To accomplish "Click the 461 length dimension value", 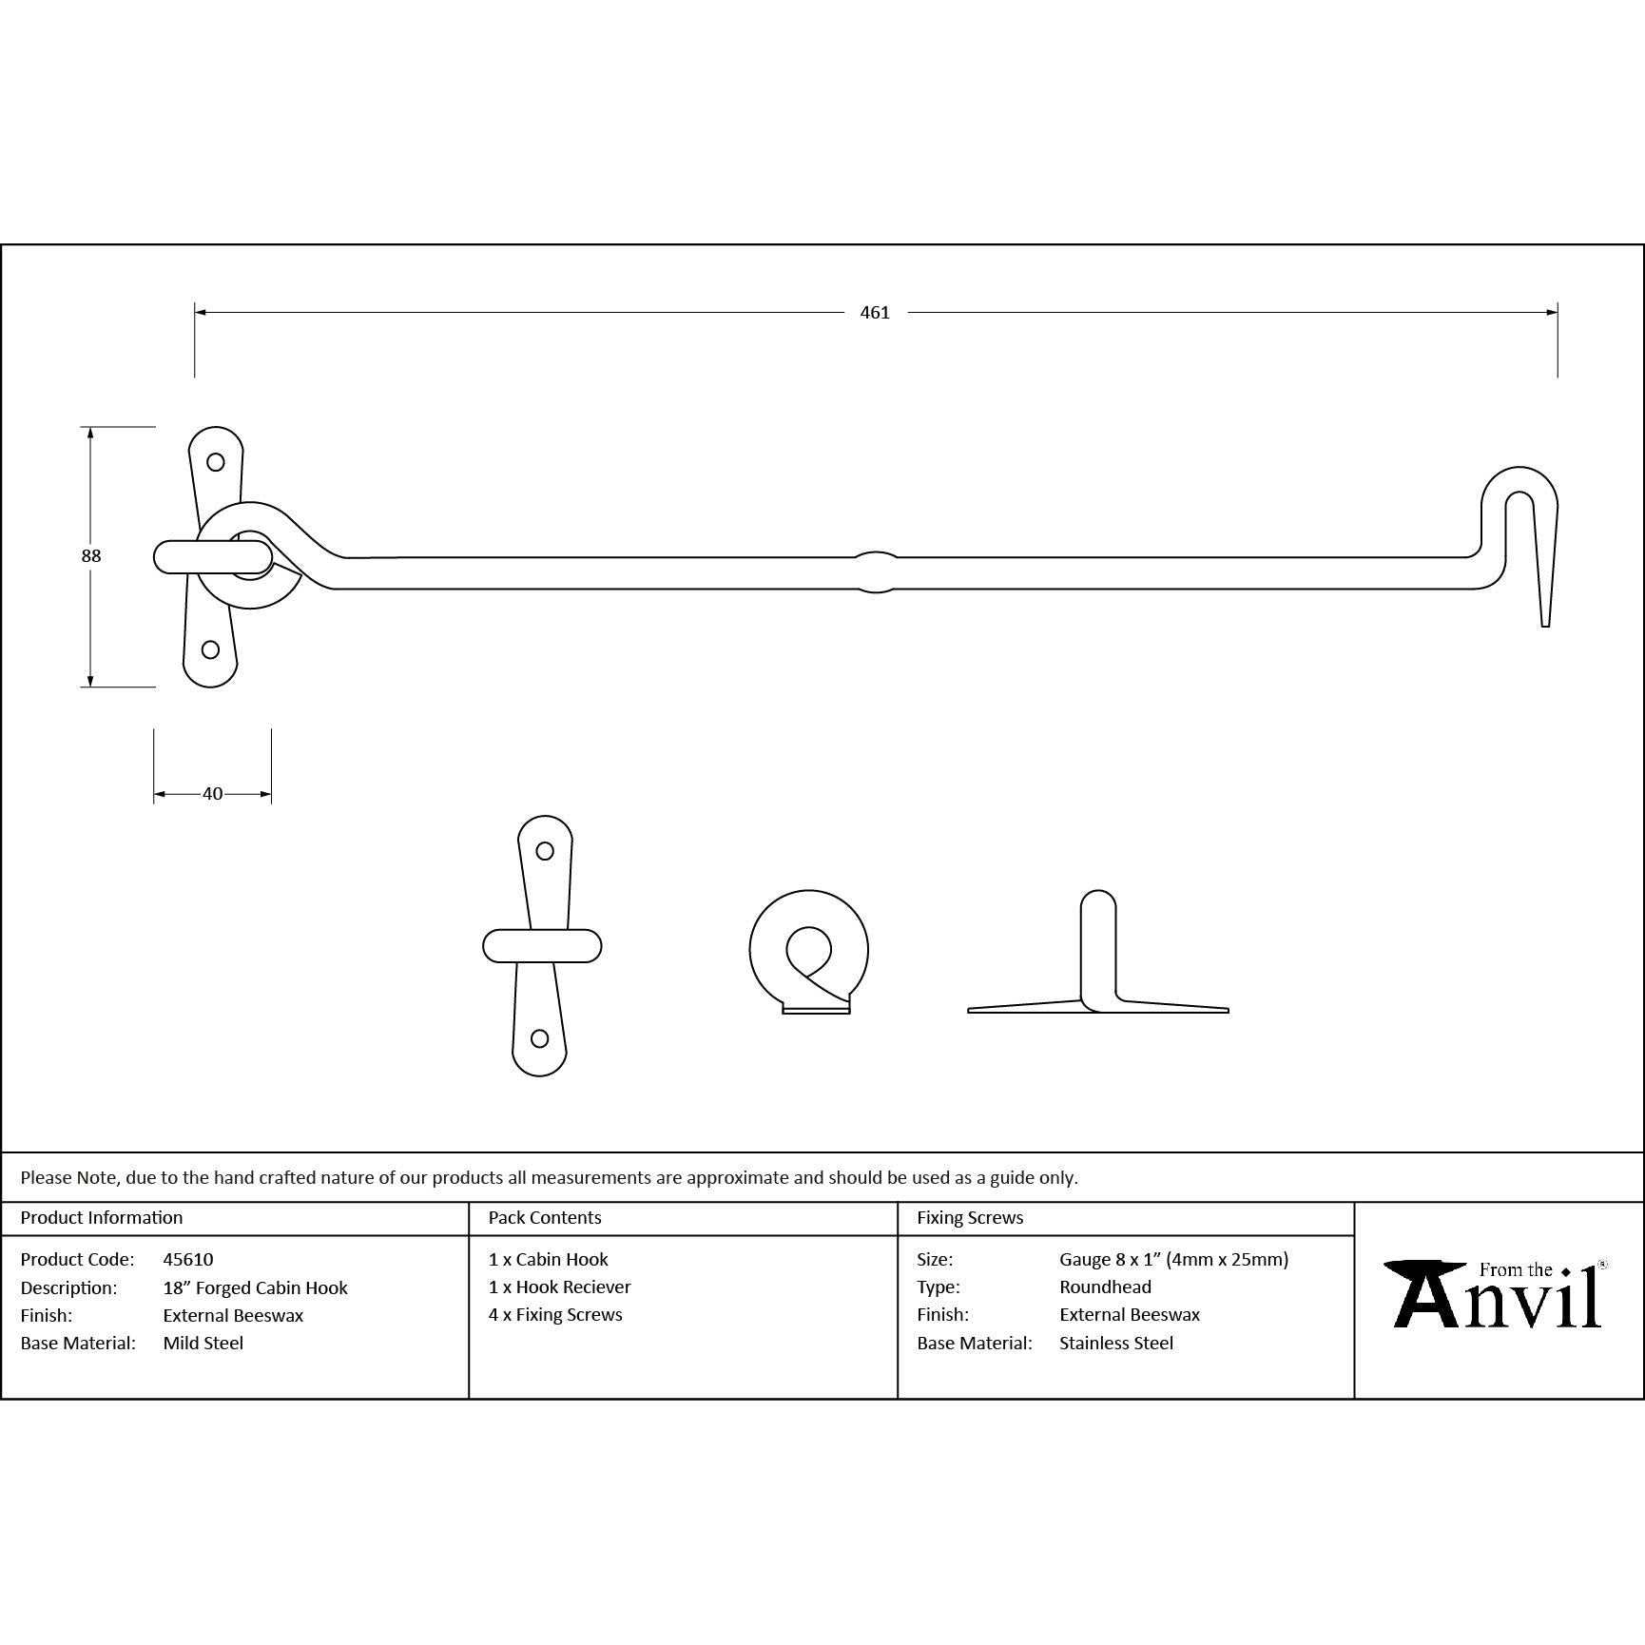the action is click(875, 313).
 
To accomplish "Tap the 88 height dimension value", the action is click(91, 556).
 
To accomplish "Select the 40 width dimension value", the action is click(212, 794).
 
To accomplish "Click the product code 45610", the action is click(188, 1259).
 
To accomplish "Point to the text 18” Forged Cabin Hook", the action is click(256, 1287).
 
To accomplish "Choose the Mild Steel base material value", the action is click(203, 1343).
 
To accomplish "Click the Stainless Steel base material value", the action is click(1116, 1343).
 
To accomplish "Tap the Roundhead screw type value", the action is click(1105, 1287).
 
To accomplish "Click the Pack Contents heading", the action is click(545, 1217).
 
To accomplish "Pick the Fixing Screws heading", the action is click(970, 1217).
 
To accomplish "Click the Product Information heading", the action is click(102, 1217).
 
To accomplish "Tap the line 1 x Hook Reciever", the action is click(560, 1287).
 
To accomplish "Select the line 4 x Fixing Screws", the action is click(555, 1314).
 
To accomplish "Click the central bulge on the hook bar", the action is click(876, 572).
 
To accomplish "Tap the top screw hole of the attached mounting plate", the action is click(216, 462).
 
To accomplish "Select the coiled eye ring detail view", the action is click(809, 952).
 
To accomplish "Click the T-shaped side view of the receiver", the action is click(1098, 952).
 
